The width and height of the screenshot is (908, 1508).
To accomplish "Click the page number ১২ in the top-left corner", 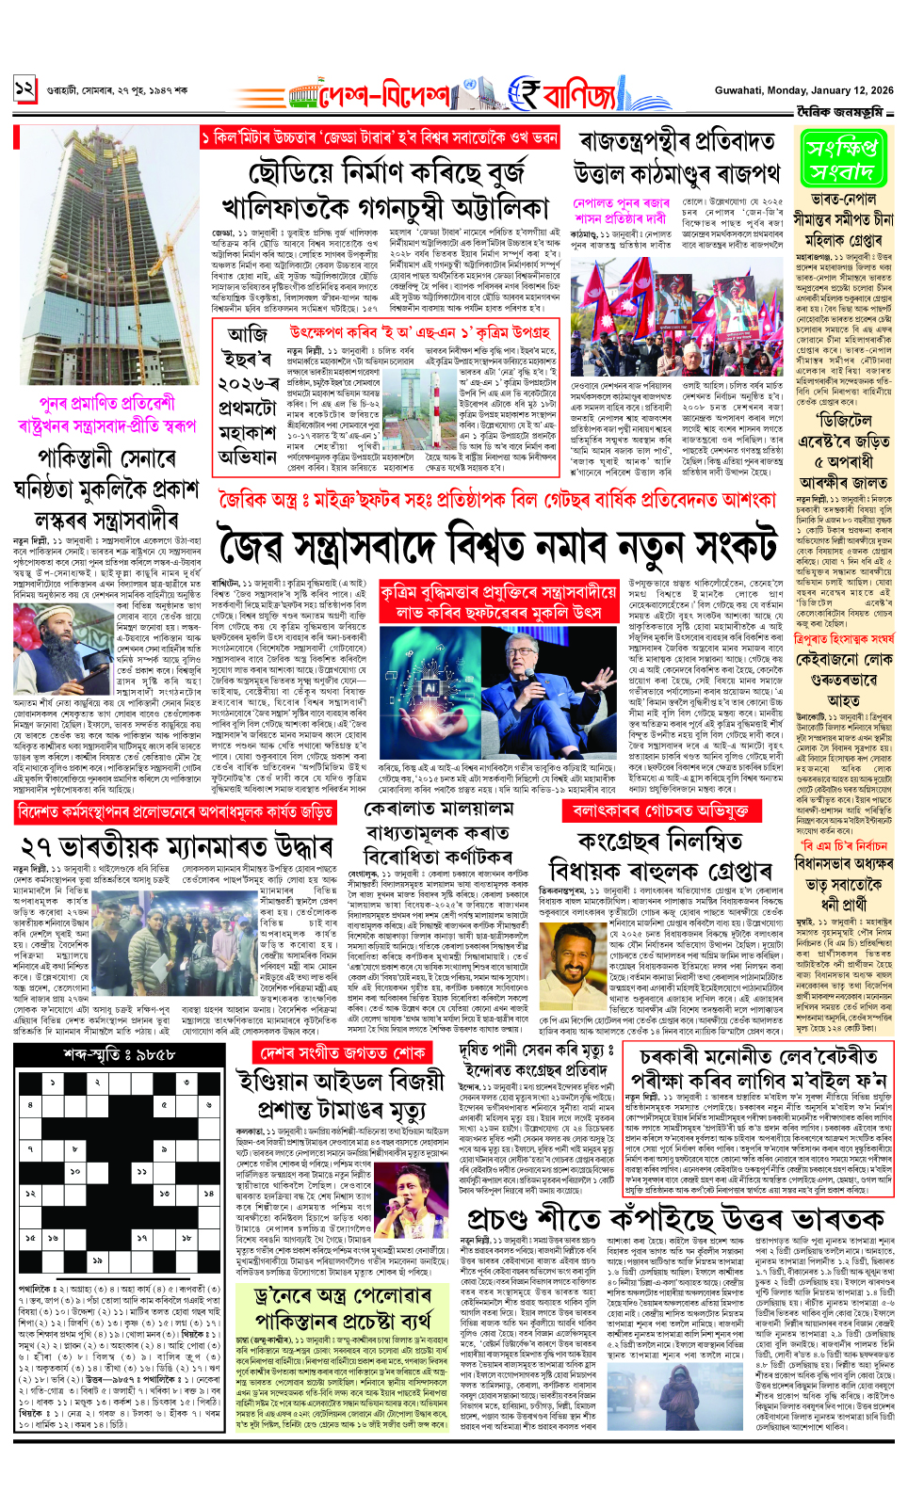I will (x=24, y=90).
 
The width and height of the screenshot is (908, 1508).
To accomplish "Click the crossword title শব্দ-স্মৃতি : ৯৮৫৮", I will (x=106, y=1055).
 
